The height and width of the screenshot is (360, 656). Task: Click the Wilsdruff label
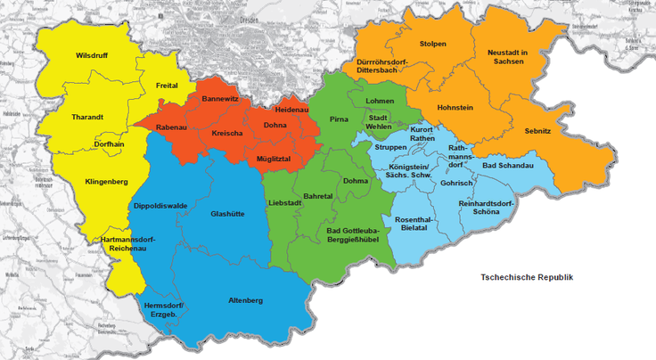click(92, 55)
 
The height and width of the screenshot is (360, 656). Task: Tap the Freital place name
click(167, 86)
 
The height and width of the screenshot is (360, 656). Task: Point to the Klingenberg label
click(106, 182)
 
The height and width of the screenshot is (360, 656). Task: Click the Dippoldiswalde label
click(160, 205)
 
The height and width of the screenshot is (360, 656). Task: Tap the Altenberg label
click(245, 300)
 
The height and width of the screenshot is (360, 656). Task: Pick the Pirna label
click(338, 118)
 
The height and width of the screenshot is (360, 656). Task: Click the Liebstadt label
click(285, 203)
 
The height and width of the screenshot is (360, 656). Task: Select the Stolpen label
click(432, 44)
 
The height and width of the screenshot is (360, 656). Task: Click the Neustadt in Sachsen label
click(509, 58)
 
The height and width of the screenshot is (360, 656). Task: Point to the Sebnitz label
click(537, 131)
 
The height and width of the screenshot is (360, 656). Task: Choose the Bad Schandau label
click(507, 166)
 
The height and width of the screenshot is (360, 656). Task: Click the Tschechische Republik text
click(526, 277)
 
